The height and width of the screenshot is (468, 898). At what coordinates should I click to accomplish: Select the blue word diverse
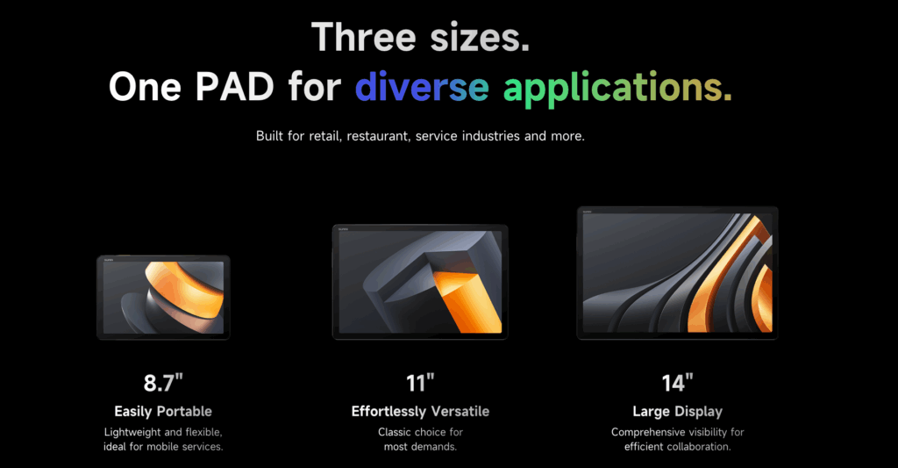[x=422, y=87]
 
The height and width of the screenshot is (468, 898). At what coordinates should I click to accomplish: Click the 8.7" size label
[x=163, y=383]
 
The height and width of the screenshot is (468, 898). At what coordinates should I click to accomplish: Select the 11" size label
[x=420, y=383]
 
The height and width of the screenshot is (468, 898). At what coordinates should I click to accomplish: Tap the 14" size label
[x=677, y=383]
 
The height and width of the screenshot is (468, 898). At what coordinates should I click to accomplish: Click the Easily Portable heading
[x=163, y=411]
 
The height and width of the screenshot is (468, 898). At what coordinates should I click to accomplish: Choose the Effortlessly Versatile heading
[x=420, y=411]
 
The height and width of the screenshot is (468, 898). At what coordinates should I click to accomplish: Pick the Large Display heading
[x=677, y=411]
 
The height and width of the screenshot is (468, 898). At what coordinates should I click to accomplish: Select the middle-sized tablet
[x=420, y=281]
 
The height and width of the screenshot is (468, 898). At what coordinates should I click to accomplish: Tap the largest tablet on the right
[x=677, y=272]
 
